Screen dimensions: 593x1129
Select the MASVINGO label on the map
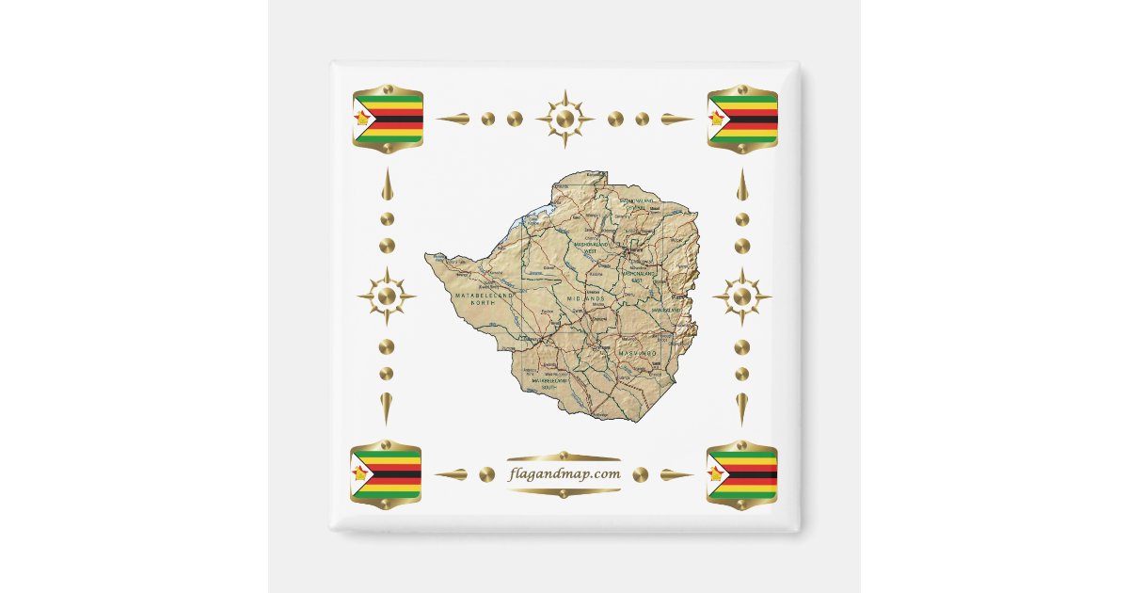pos(637,352)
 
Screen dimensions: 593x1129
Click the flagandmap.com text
pos(564,473)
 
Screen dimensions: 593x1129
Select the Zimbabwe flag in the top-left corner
pos(388,119)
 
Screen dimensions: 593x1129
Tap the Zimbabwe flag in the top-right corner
pos(742,119)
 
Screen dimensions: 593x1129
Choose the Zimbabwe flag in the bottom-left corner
pos(386,473)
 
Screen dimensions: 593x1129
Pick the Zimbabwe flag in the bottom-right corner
pos(742,473)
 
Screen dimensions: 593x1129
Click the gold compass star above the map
pos(564,119)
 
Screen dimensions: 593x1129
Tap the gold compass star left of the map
pos(387,296)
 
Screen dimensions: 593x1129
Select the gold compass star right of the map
pos(742,296)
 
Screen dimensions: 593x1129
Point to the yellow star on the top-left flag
pos(361,119)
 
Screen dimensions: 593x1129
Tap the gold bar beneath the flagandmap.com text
pos(564,490)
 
